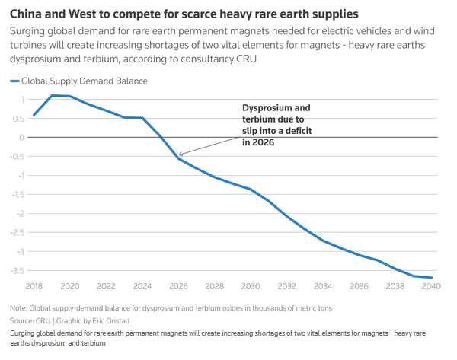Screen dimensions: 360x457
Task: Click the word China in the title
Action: [x=27, y=14]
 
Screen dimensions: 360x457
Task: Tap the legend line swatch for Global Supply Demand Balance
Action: [x=14, y=81]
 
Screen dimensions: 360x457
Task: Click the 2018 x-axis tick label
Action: [x=34, y=286]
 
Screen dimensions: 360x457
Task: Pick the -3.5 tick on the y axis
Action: [x=14, y=270]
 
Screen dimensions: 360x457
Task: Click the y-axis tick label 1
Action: [x=22, y=99]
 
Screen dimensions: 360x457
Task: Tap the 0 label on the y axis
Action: [x=22, y=137]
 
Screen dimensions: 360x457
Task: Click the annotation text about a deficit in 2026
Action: [x=276, y=126]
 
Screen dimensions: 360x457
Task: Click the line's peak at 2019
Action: [x=52, y=95]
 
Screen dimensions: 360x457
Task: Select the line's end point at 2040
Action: [x=432, y=278]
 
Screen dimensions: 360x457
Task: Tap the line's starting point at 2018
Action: [x=34, y=116]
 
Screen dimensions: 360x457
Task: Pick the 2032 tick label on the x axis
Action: [x=286, y=286]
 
